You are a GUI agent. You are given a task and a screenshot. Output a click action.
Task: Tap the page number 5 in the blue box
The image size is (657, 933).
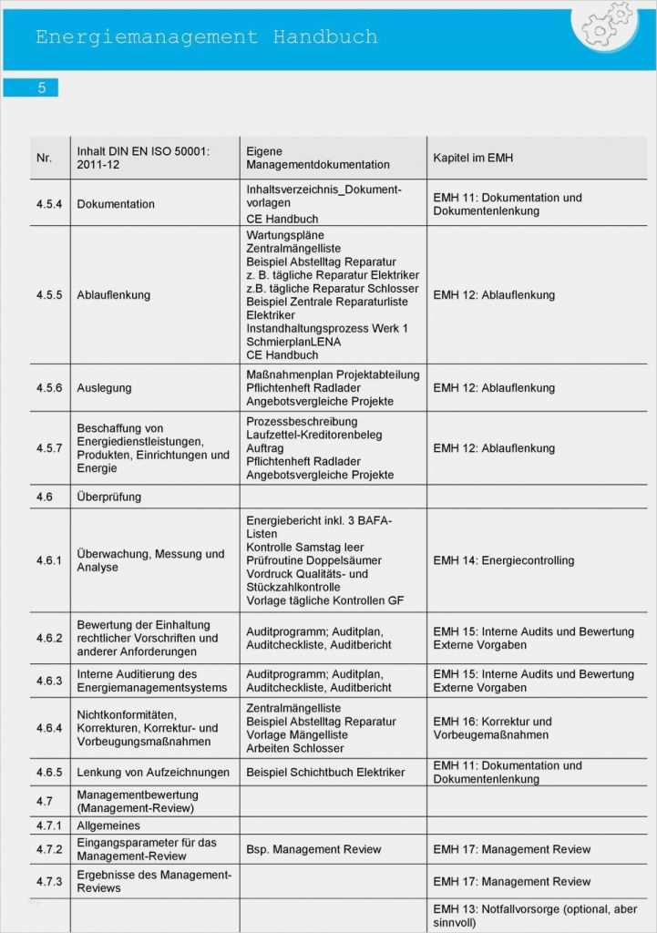pos(41,87)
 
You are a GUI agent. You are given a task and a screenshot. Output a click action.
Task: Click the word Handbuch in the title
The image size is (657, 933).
pos(324,37)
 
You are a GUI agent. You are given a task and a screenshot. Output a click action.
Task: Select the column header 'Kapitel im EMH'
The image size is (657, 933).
pos(473,158)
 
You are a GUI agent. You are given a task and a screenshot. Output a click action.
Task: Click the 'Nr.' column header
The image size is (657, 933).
pos(44,158)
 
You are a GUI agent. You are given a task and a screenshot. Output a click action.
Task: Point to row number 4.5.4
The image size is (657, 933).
pos(49,204)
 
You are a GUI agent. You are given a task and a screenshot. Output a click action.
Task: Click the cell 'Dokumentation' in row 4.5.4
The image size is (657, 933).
pos(116,204)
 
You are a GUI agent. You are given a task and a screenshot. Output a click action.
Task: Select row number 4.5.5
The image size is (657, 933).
pos(49,295)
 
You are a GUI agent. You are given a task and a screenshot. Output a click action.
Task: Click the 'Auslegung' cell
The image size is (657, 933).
pos(104,388)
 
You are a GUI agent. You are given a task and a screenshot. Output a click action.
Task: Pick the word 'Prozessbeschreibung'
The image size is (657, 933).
pos(302,422)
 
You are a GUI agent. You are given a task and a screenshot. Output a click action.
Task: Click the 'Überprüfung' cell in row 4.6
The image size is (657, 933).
pos(108,497)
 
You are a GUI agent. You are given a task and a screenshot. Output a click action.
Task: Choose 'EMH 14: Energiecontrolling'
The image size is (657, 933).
pos(503,560)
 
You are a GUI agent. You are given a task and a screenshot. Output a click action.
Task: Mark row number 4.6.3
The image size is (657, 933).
pos(49,681)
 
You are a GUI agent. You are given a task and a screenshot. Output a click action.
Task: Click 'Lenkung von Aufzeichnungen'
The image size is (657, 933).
pos(153,773)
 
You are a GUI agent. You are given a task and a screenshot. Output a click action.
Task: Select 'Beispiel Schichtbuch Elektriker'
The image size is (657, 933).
pos(325,773)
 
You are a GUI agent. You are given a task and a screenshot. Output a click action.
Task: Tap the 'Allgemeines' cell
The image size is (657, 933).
pos(108,825)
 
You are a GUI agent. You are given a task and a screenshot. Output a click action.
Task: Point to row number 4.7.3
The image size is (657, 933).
pos(49,881)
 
